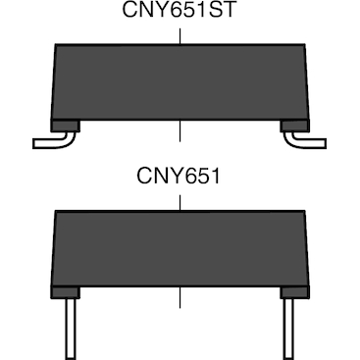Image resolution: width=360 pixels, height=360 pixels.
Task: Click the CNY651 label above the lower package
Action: tap(180, 180)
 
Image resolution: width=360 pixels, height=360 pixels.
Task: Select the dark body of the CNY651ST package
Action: tap(180, 83)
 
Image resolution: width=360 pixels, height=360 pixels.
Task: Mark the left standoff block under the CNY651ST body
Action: tap(65, 126)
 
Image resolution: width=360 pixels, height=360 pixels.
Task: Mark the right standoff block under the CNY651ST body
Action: tap(293, 126)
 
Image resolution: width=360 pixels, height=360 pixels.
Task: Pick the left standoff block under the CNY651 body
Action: tap(65, 292)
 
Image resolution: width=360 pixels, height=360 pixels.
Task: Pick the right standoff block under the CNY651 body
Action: tap(293, 292)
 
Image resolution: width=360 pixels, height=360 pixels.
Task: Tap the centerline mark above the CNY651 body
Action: tap(180, 201)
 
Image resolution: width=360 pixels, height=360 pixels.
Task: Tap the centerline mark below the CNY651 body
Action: tap(180, 299)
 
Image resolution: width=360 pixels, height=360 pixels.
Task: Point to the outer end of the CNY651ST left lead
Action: tap(36, 143)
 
